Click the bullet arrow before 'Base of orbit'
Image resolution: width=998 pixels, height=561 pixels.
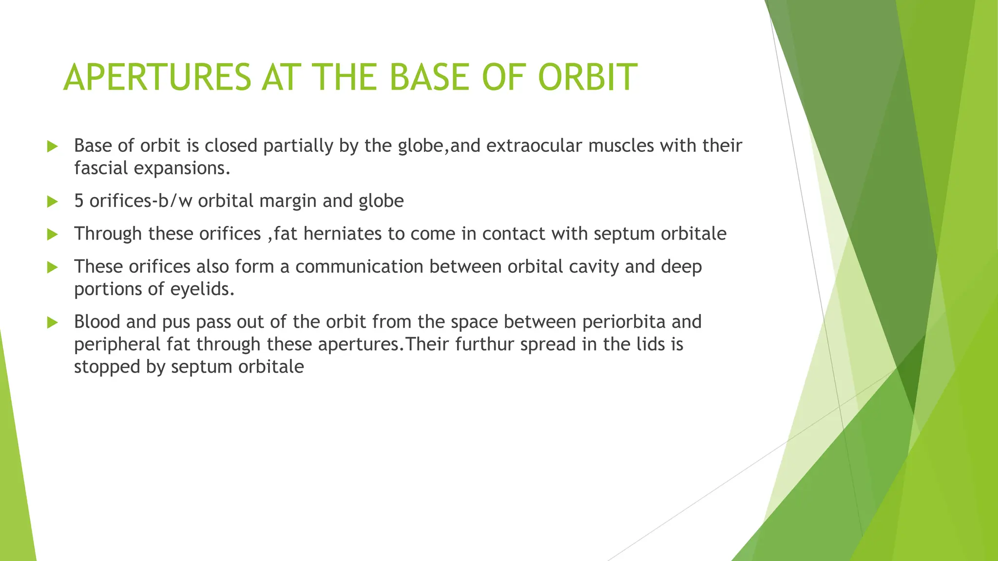coord(52,146)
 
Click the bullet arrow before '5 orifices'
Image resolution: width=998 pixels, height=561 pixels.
coord(52,202)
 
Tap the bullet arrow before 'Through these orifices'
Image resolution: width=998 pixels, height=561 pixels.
coord(52,234)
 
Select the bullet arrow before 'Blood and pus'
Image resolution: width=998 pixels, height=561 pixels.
coord(52,322)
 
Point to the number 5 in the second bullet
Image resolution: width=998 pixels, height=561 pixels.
coord(79,201)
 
